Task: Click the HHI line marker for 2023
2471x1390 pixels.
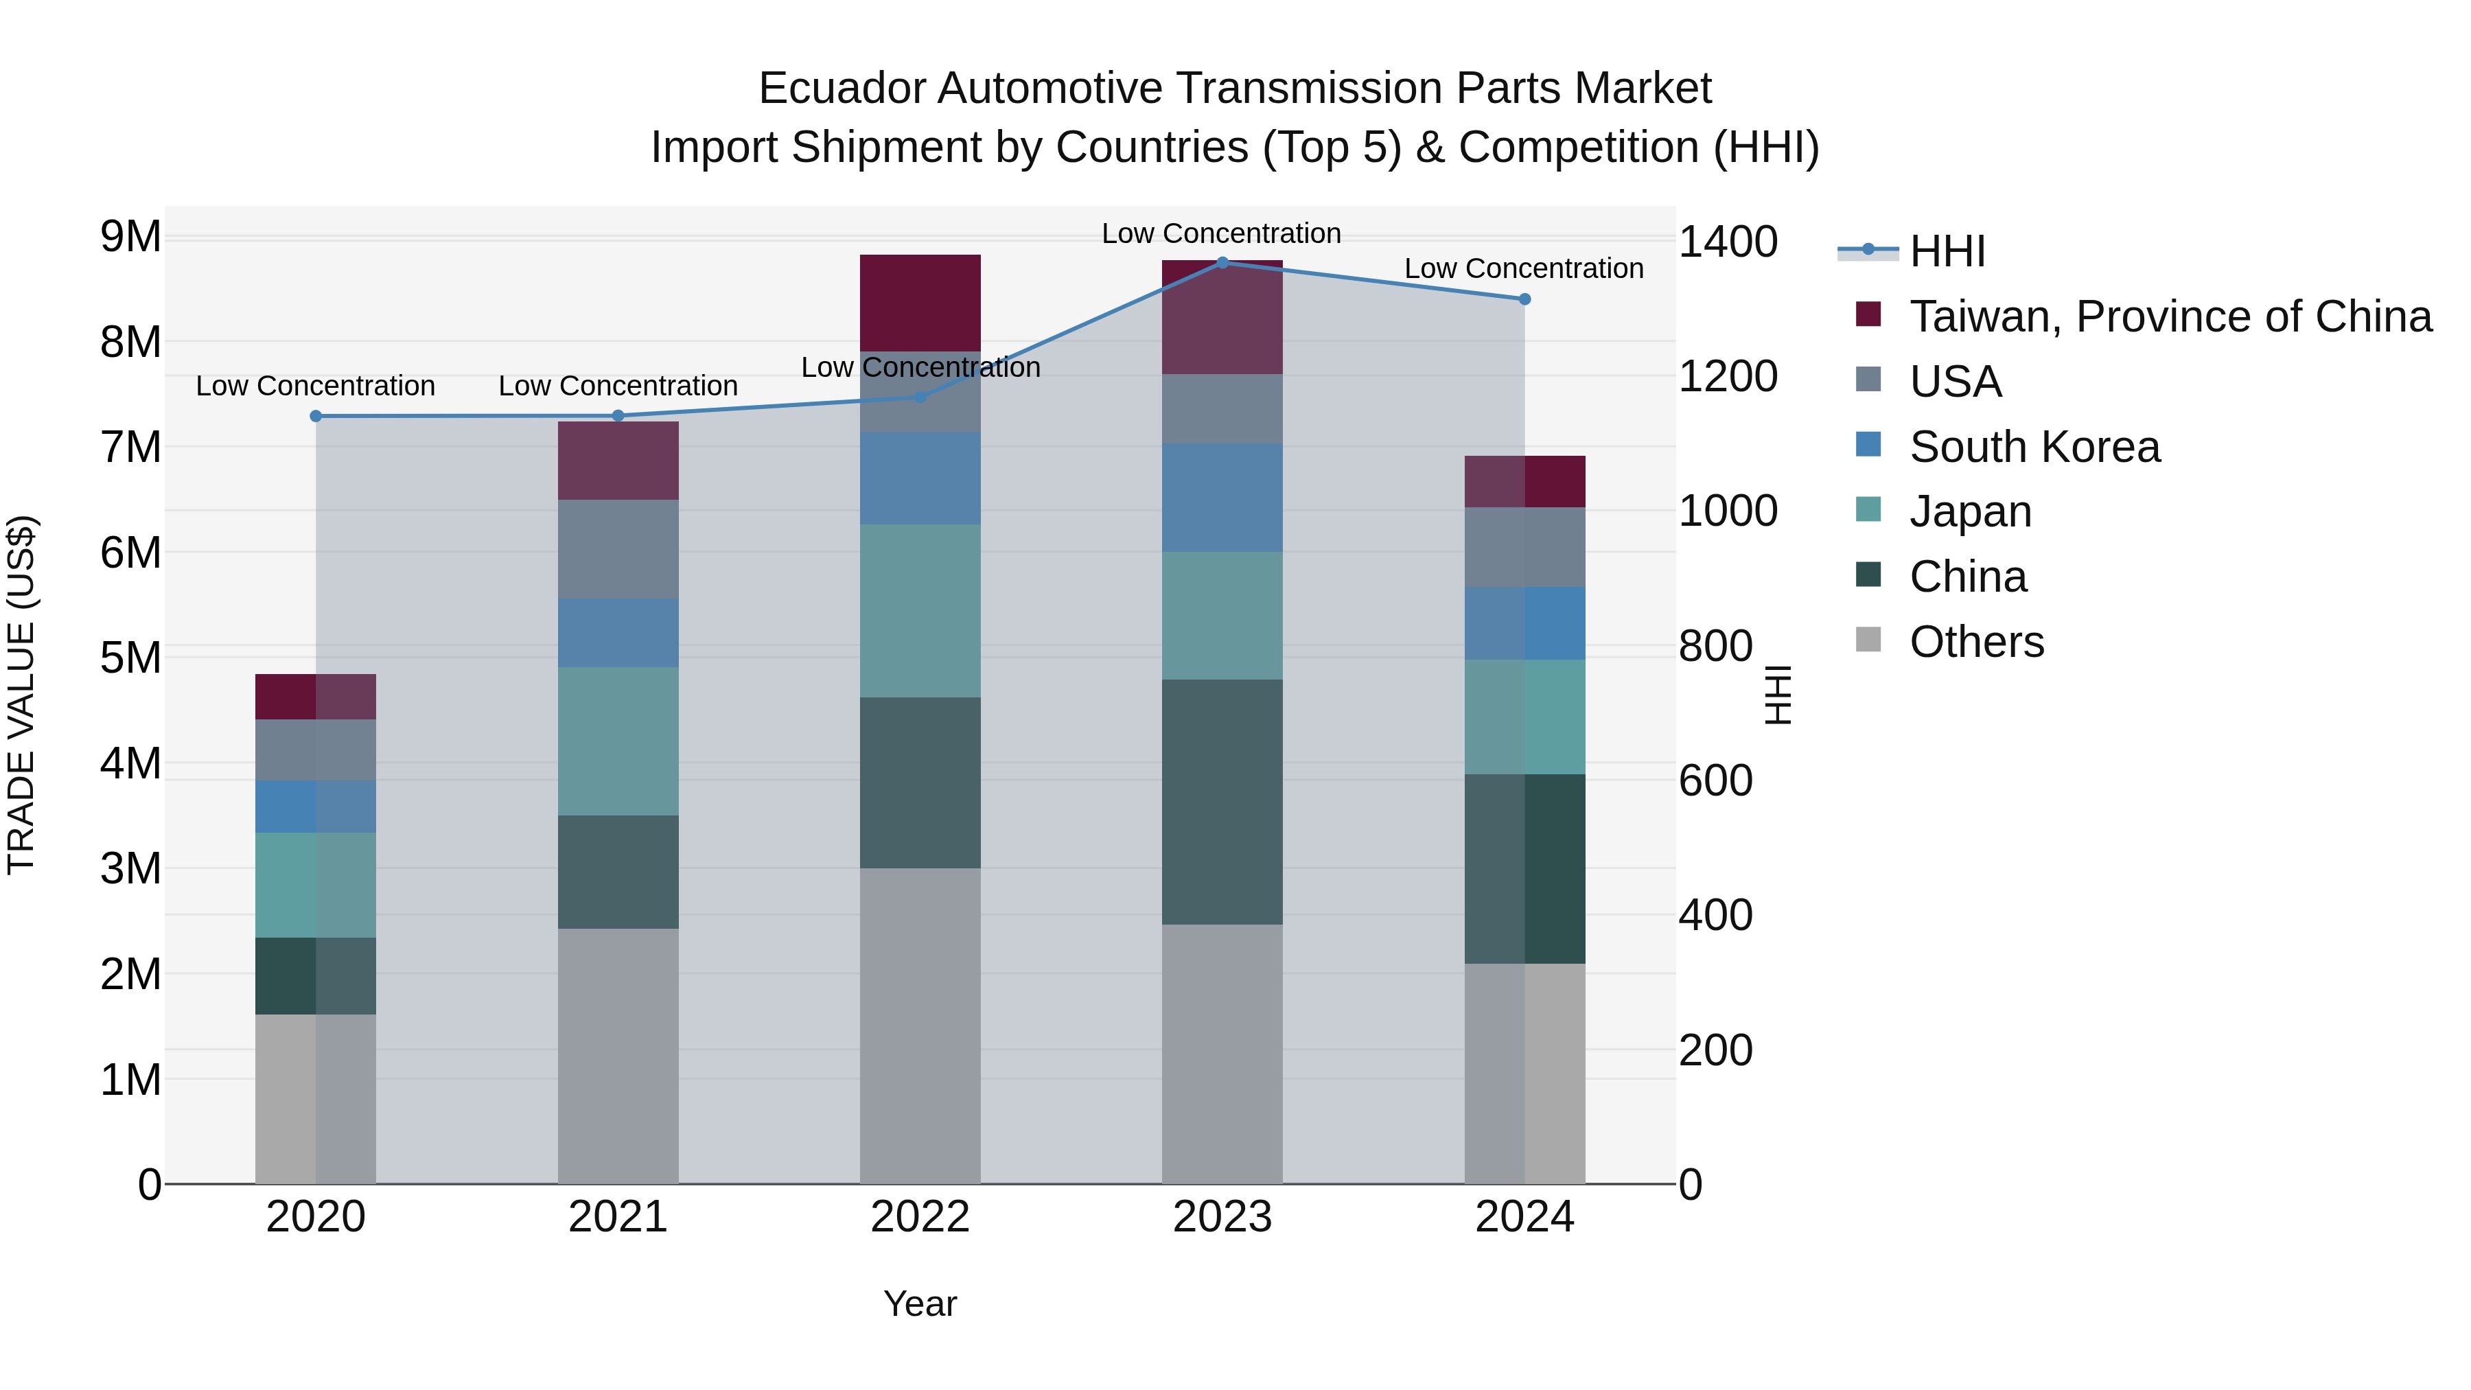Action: click(1222, 262)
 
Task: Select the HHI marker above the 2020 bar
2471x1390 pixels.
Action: click(316, 415)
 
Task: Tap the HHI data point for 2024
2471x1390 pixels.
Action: click(1524, 299)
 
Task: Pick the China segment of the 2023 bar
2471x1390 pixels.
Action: click(1222, 802)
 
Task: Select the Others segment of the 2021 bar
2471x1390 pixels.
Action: click(618, 1055)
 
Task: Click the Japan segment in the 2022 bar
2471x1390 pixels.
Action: click(920, 610)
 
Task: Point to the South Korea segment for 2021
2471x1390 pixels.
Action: click(618, 632)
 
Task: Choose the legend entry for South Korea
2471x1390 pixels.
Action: click(2034, 447)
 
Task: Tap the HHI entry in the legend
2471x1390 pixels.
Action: click(1947, 251)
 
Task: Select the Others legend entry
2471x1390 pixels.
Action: click(1976, 642)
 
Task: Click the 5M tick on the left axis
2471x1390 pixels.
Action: click(130, 658)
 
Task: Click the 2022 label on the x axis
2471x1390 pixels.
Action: click(920, 1217)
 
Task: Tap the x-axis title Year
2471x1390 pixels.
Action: click(920, 1304)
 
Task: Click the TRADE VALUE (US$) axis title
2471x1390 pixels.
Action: click(21, 695)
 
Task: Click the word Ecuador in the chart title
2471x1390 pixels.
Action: click(842, 89)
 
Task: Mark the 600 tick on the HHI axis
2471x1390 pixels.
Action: click(1715, 781)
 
